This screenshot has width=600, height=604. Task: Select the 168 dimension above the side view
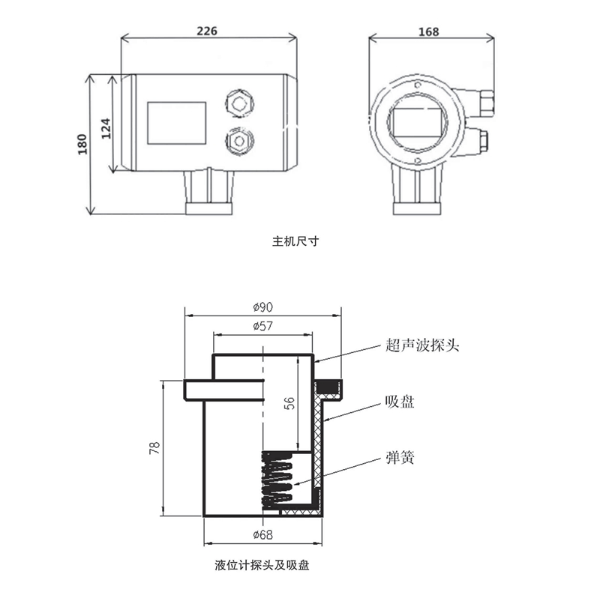pos(429,31)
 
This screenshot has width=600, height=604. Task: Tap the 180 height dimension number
pos(82,143)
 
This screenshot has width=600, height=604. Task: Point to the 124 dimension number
pos(106,127)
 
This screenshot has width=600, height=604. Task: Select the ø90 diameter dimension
pos(262,307)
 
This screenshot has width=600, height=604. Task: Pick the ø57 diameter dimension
pos(262,326)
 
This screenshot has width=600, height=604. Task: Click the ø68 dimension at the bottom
pos(262,534)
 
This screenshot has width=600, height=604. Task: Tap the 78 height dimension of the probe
pos(154,447)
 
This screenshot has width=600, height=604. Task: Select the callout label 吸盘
pos(400,402)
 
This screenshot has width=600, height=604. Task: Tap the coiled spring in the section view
pos(277,480)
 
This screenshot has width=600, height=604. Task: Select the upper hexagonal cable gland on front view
pos(239,102)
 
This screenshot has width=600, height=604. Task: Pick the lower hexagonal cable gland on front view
pos(239,140)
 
